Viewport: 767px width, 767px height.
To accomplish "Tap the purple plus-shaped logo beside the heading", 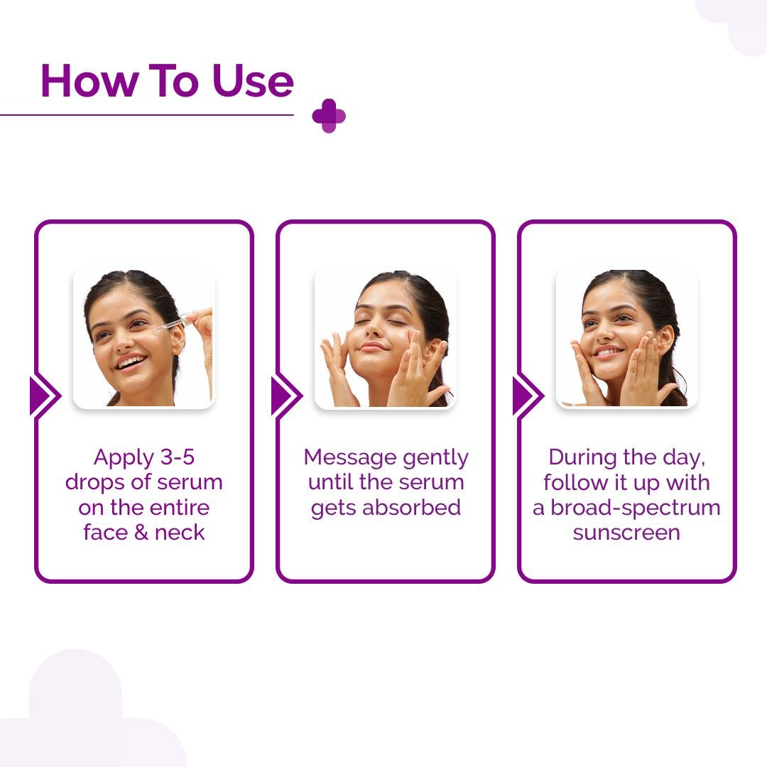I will click(329, 116).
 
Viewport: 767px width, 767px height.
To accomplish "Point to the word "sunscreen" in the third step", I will click(626, 533).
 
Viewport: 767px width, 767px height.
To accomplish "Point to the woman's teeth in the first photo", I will click(129, 362).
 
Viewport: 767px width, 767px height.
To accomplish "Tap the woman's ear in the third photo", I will click(665, 339).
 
